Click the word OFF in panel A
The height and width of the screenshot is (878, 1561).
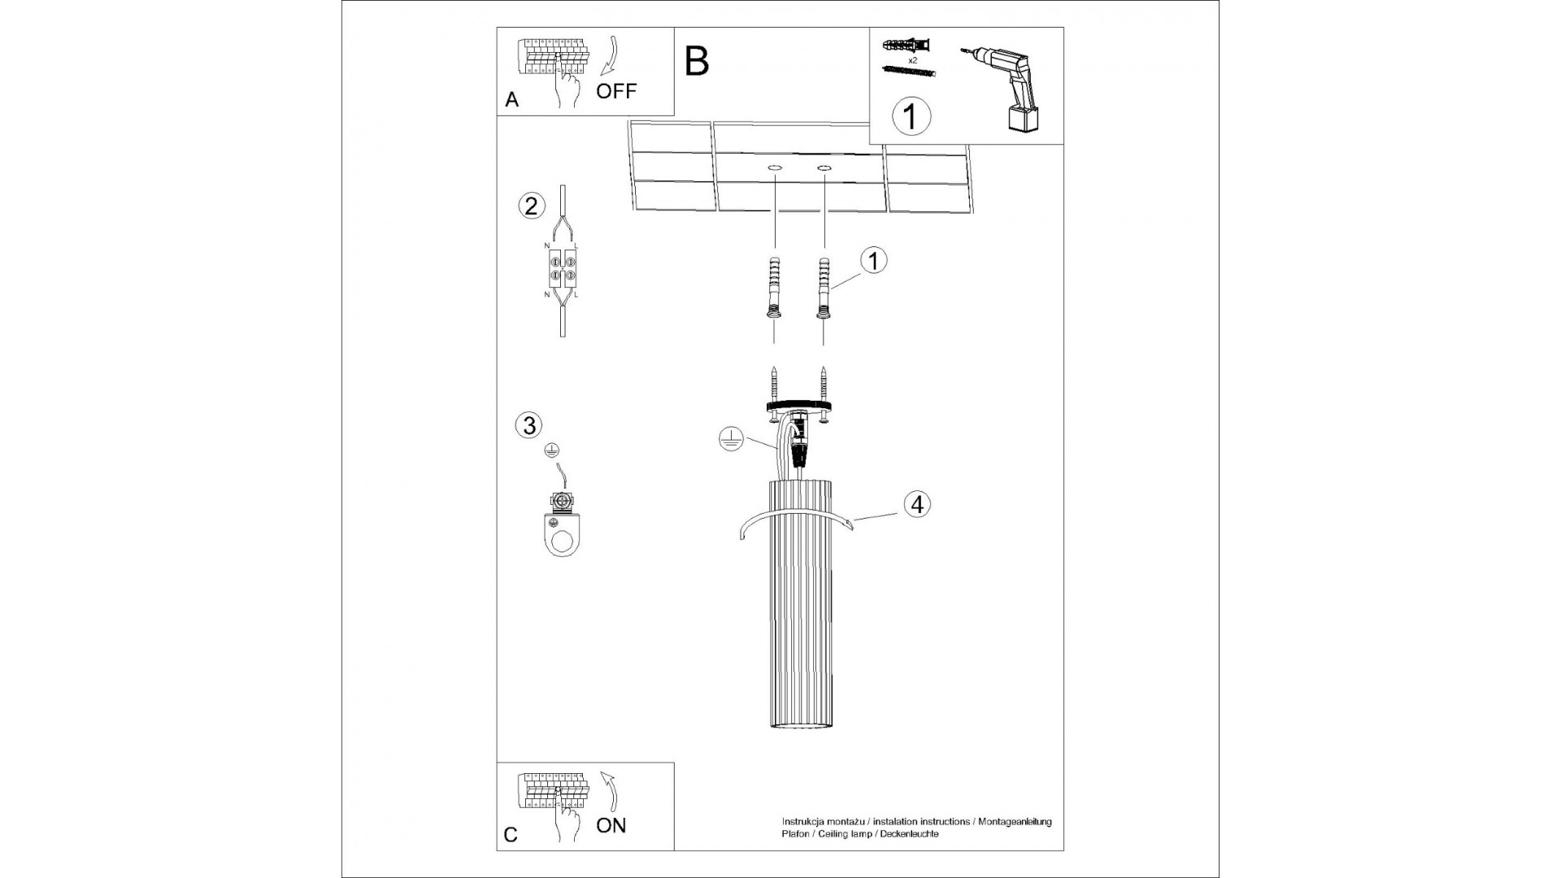[x=616, y=91]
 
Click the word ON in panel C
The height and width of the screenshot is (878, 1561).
[x=611, y=825]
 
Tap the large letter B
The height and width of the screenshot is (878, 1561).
[x=697, y=61]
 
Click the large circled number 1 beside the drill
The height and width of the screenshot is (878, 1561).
[x=911, y=116]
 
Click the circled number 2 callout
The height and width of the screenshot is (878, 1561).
[x=531, y=206]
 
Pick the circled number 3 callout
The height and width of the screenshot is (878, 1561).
[x=528, y=425]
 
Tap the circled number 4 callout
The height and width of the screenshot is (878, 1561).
[x=916, y=504]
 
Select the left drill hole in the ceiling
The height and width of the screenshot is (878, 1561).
[x=774, y=168]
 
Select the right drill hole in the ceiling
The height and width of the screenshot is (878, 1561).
[x=824, y=168]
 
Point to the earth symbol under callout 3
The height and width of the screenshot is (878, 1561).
[x=551, y=450]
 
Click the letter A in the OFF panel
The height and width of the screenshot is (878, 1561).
[x=511, y=100]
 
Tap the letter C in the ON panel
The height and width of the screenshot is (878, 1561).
[x=511, y=835]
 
